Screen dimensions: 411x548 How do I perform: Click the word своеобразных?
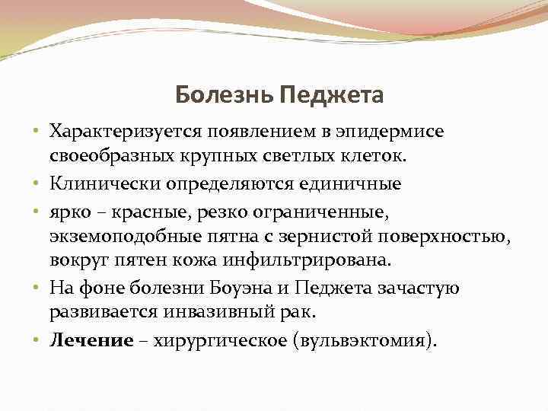[x=114, y=158]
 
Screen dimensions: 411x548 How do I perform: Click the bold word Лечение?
[x=91, y=340]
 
